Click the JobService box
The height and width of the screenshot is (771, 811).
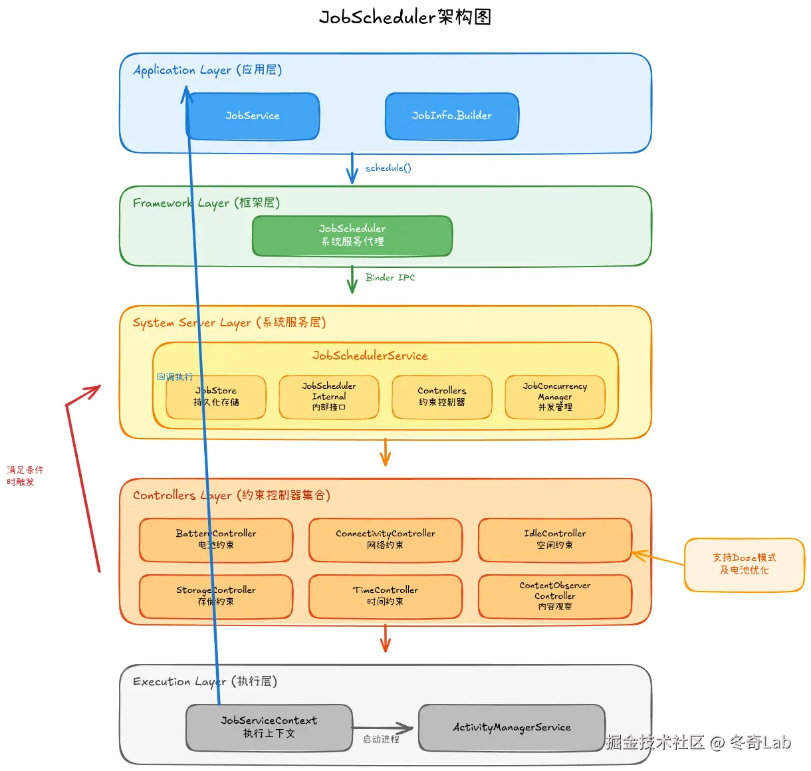[x=253, y=116]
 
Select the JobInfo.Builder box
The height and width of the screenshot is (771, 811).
[x=452, y=116]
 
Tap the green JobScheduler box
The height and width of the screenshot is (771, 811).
[x=352, y=235]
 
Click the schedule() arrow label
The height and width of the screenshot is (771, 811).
[x=388, y=168]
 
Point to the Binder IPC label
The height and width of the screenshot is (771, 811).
[x=390, y=278]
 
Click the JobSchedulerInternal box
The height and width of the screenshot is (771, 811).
[x=329, y=397]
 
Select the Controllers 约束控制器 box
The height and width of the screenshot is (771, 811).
[x=442, y=397]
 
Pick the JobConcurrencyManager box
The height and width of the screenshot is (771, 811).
[x=555, y=397]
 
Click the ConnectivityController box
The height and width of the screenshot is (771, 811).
[x=386, y=540]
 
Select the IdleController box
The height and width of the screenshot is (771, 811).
[x=555, y=540]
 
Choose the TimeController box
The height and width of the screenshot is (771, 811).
[x=386, y=596]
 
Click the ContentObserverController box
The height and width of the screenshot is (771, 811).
[x=555, y=596]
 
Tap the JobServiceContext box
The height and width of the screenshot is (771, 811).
[x=269, y=728]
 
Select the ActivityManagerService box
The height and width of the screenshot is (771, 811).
[x=512, y=728]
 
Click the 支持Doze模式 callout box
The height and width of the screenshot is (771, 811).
[x=745, y=564]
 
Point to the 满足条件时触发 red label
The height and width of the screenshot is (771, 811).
[x=25, y=476]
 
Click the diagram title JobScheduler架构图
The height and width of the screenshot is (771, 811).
[x=405, y=17]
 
